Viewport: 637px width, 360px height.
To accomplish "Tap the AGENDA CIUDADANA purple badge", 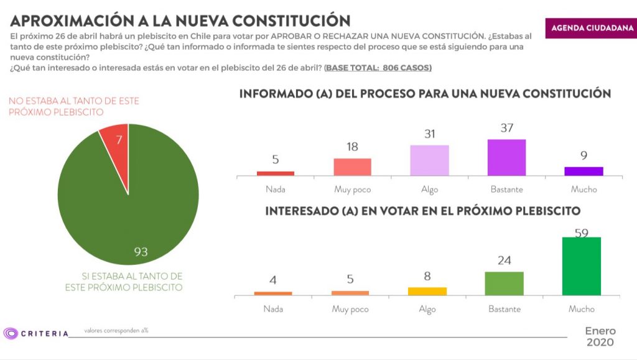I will (592, 28).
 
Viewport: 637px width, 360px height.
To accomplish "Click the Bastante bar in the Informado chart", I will (506, 157).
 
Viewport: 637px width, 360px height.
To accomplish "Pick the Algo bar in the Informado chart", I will (429, 160).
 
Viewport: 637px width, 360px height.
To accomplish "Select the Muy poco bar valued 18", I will (352, 167).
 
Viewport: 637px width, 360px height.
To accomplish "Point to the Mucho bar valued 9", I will (584, 171).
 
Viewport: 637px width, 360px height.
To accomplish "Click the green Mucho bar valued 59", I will (581, 266).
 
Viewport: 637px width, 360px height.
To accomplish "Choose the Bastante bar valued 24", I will (504, 283).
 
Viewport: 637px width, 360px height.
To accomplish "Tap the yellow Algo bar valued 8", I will (427, 291).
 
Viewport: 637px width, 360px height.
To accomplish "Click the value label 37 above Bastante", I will (506, 128).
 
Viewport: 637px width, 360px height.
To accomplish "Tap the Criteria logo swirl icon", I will (11, 333).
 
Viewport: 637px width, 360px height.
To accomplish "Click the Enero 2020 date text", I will (599, 336).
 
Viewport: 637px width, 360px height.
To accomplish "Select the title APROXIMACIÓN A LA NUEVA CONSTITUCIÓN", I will (180, 20).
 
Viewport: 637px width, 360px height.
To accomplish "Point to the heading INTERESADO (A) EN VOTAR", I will (422, 211).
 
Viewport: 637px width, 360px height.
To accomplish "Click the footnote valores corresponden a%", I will (116, 330).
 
